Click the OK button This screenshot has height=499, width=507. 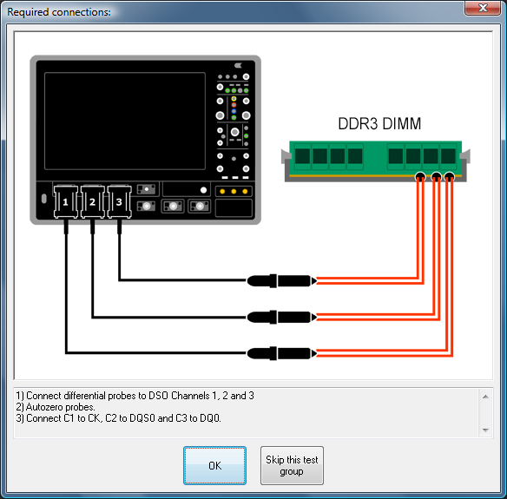coord(214,465)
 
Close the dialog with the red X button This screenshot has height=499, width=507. coord(483,8)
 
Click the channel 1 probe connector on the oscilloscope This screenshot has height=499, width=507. coord(66,201)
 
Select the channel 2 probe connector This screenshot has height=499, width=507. coord(93,201)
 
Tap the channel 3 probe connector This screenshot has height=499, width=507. coord(119,201)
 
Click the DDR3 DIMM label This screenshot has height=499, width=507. coord(379,123)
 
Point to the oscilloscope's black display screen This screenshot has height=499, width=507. coord(125,121)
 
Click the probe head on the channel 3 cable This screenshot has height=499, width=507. coord(281,281)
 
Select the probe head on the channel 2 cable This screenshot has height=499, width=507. coord(281,317)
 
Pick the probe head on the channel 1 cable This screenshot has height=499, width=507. coord(281,353)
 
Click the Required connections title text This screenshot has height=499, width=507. coord(59,12)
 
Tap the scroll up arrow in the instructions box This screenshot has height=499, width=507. coord(485,397)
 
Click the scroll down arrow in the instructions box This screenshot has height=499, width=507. coord(485,430)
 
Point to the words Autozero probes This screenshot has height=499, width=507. coord(60,407)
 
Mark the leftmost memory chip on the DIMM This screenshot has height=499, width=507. coord(303,156)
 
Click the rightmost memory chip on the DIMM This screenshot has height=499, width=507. coord(448,156)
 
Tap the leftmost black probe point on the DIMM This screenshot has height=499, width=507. coord(420,177)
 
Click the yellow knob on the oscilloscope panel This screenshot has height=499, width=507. coord(234,99)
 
